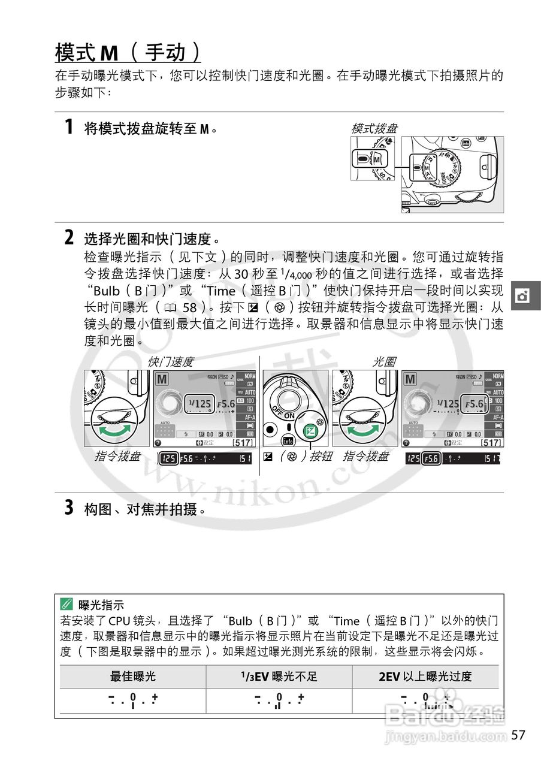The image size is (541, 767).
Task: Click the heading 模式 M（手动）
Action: (128, 53)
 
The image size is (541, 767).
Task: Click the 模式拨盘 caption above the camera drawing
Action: (374, 128)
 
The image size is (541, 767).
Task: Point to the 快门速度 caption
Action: (171, 361)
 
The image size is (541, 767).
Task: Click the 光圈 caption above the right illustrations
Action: (384, 361)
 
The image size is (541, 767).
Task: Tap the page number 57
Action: (518, 735)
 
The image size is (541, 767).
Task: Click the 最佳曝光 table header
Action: (133, 677)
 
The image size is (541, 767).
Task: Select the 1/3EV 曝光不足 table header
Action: (279, 677)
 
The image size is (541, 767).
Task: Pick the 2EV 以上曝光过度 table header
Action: (425, 677)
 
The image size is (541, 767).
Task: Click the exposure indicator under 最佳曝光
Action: (133, 700)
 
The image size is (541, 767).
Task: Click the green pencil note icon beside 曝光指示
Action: (67, 605)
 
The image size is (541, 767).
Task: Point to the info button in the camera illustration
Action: (286, 442)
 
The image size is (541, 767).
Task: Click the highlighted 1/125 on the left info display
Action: (199, 404)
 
